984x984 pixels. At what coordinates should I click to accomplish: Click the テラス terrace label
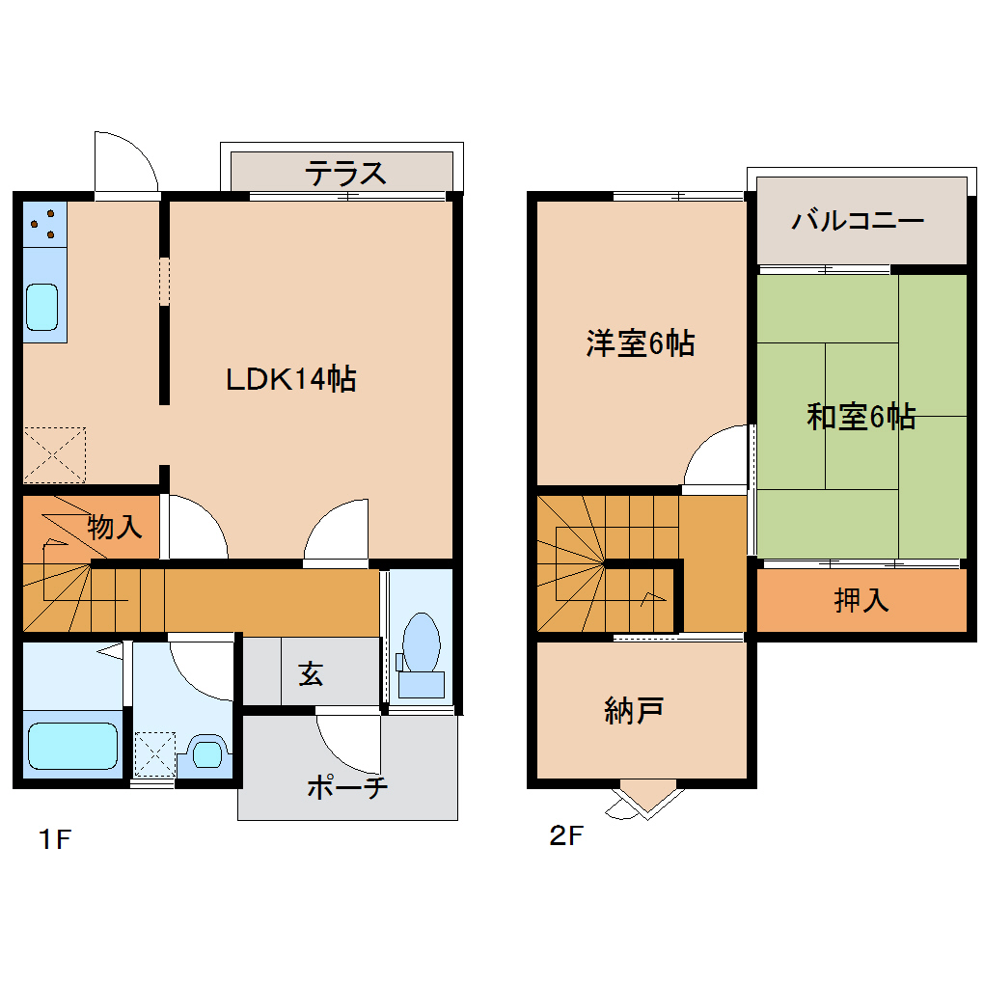(345, 174)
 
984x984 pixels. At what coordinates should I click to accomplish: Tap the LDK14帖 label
(290, 378)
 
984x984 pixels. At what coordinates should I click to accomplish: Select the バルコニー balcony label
(858, 221)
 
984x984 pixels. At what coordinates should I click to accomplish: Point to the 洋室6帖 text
(640, 343)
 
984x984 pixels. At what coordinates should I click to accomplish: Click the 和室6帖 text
(861, 417)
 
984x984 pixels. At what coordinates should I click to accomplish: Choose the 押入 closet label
(861, 600)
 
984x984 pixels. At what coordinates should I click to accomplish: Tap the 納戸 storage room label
(633, 711)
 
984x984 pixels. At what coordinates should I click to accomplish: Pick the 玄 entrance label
(310, 673)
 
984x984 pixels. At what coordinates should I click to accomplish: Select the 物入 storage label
(115, 527)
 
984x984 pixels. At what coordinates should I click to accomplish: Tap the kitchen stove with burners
(44, 225)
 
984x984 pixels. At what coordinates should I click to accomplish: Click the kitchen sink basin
(42, 306)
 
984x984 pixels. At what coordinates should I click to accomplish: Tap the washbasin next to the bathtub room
(206, 752)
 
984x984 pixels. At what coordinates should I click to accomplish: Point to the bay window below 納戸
(645, 798)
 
